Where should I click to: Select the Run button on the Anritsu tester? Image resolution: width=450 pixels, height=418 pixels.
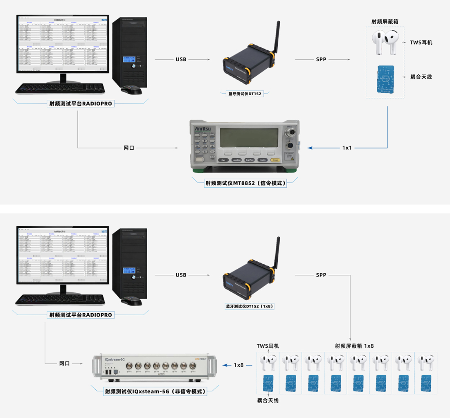point(223,160)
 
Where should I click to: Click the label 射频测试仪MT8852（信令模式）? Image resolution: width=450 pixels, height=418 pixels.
point(245,184)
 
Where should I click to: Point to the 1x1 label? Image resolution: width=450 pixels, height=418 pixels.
point(347,148)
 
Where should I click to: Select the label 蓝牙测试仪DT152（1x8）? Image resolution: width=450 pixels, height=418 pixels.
point(250,306)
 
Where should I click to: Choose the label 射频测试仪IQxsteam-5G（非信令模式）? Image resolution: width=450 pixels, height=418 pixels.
point(155,391)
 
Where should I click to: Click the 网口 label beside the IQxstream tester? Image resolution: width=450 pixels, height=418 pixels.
point(64,363)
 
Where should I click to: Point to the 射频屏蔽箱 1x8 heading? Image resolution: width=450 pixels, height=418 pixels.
point(354,346)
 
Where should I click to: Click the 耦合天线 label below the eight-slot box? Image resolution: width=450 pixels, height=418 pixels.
point(268,400)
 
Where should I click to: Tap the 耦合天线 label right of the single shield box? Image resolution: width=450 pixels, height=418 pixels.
point(421,76)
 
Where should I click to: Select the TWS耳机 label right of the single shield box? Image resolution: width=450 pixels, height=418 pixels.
point(421,43)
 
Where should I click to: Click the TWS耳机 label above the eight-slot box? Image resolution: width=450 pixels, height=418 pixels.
point(268,346)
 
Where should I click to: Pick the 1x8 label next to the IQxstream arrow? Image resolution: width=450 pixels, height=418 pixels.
point(239,364)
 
